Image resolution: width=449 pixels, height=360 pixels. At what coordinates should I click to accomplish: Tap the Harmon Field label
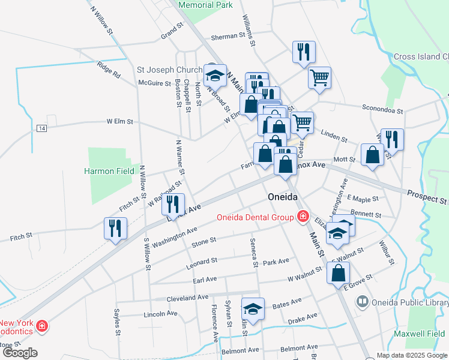point(109,171)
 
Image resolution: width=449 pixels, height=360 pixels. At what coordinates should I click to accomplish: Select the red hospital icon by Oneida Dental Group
point(303,217)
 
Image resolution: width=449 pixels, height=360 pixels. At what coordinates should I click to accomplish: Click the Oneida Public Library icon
point(362,301)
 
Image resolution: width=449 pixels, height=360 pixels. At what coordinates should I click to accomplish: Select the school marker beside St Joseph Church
point(215,76)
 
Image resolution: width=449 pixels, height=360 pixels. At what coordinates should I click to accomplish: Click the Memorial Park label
point(206,5)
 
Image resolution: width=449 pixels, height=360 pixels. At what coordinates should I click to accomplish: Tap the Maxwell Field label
point(420,334)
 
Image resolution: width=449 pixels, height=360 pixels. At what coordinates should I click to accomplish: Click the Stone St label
point(203,242)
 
